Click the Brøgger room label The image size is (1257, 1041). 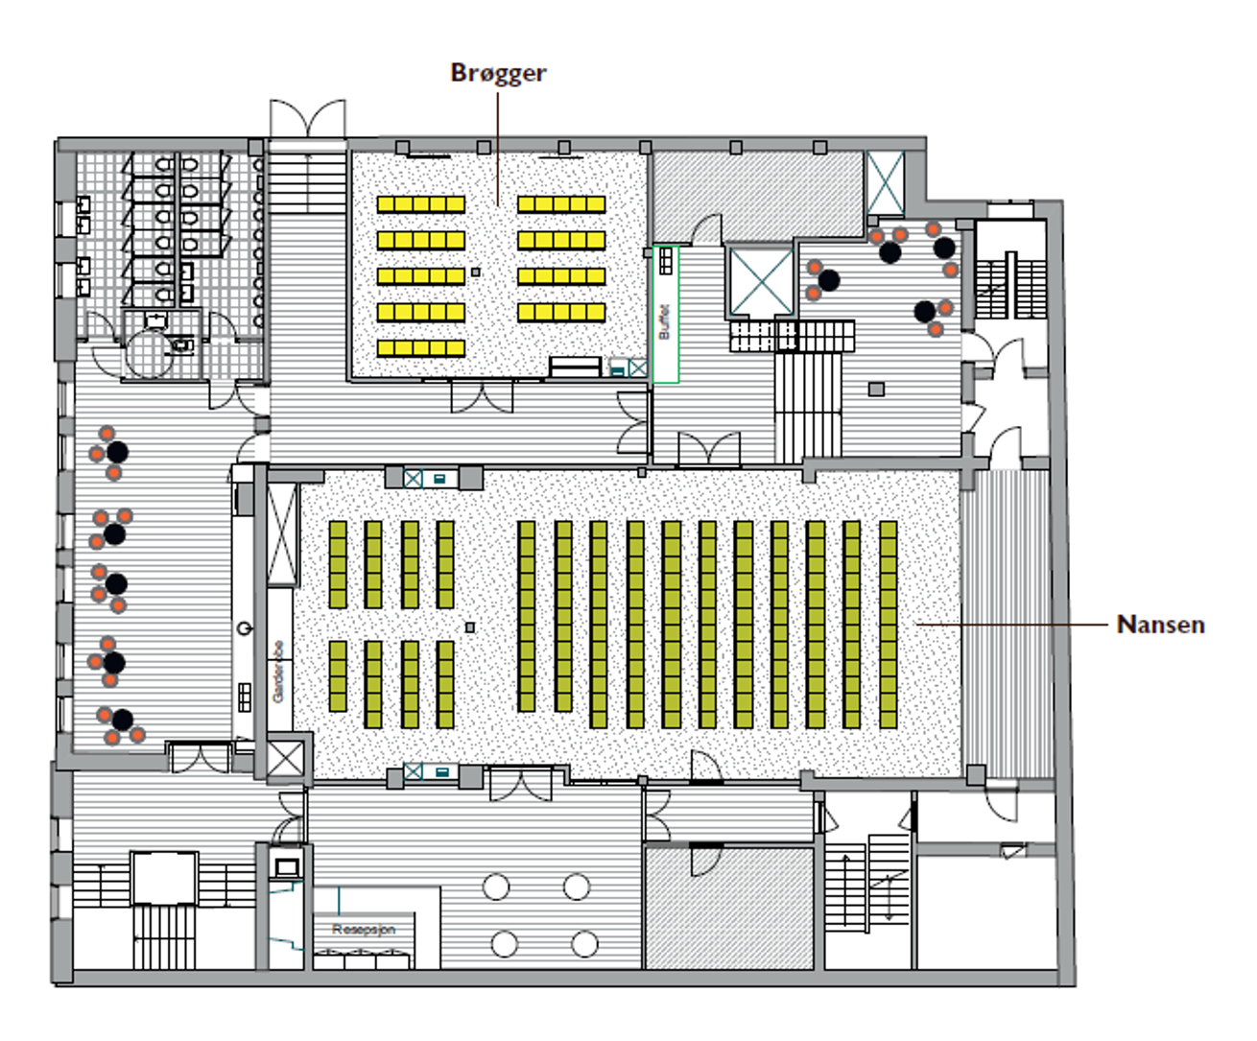(498, 73)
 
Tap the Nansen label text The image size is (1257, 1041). (1160, 625)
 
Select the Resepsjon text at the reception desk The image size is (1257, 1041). (364, 929)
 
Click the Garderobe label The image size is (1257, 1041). (278, 672)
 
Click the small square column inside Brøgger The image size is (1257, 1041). (476, 272)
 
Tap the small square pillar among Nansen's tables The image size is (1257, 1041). (470, 627)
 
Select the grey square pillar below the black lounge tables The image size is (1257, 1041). (876, 389)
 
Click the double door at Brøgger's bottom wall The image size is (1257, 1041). (482, 395)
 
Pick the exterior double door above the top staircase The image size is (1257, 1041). (307, 119)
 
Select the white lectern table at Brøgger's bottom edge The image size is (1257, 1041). (576, 367)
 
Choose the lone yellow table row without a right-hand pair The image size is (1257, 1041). (420, 347)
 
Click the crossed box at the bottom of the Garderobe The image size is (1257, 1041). (285, 758)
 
